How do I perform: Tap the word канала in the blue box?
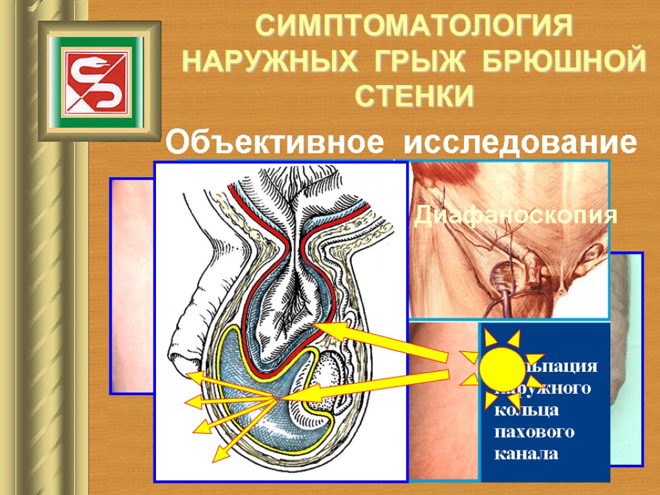[x=526, y=454]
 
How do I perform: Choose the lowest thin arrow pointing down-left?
[x=215, y=458]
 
